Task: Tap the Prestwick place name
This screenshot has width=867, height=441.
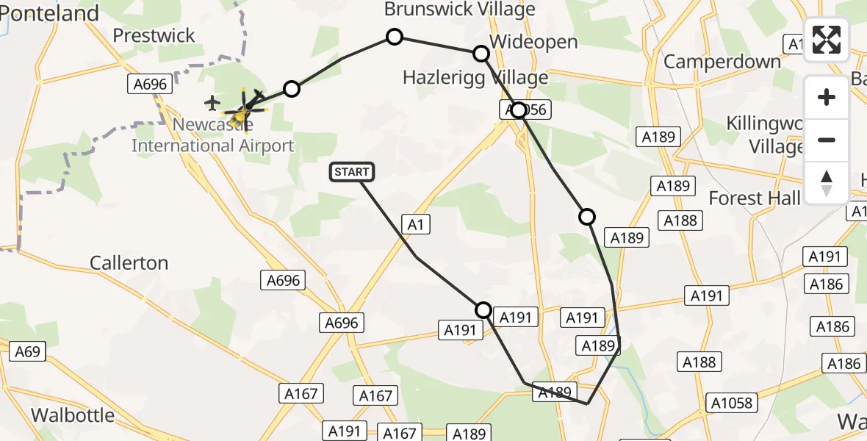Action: pyautogui.click(x=154, y=35)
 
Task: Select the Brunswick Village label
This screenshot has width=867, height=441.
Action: pyautogui.click(x=460, y=10)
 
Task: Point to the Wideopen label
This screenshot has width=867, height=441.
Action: pyautogui.click(x=534, y=42)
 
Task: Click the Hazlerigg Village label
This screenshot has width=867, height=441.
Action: pyautogui.click(x=475, y=77)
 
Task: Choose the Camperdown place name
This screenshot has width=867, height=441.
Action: pyautogui.click(x=722, y=61)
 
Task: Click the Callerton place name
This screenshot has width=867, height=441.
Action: pyautogui.click(x=129, y=262)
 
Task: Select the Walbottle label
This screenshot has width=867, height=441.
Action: pyautogui.click(x=73, y=415)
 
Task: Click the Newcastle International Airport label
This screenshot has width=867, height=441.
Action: pyautogui.click(x=212, y=135)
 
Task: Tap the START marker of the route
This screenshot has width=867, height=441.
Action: pyautogui.click(x=353, y=172)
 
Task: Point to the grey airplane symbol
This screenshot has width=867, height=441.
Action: pyautogui.click(x=213, y=101)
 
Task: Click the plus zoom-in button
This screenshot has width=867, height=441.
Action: pyautogui.click(x=827, y=97)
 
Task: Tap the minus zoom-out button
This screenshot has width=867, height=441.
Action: pyautogui.click(x=827, y=140)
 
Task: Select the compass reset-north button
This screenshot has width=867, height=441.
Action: pyautogui.click(x=827, y=183)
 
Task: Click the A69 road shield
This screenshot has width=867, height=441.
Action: pyautogui.click(x=28, y=352)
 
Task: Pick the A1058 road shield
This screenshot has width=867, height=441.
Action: pyautogui.click(x=732, y=402)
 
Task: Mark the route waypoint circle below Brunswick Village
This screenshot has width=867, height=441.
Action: pyautogui.click(x=395, y=37)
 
